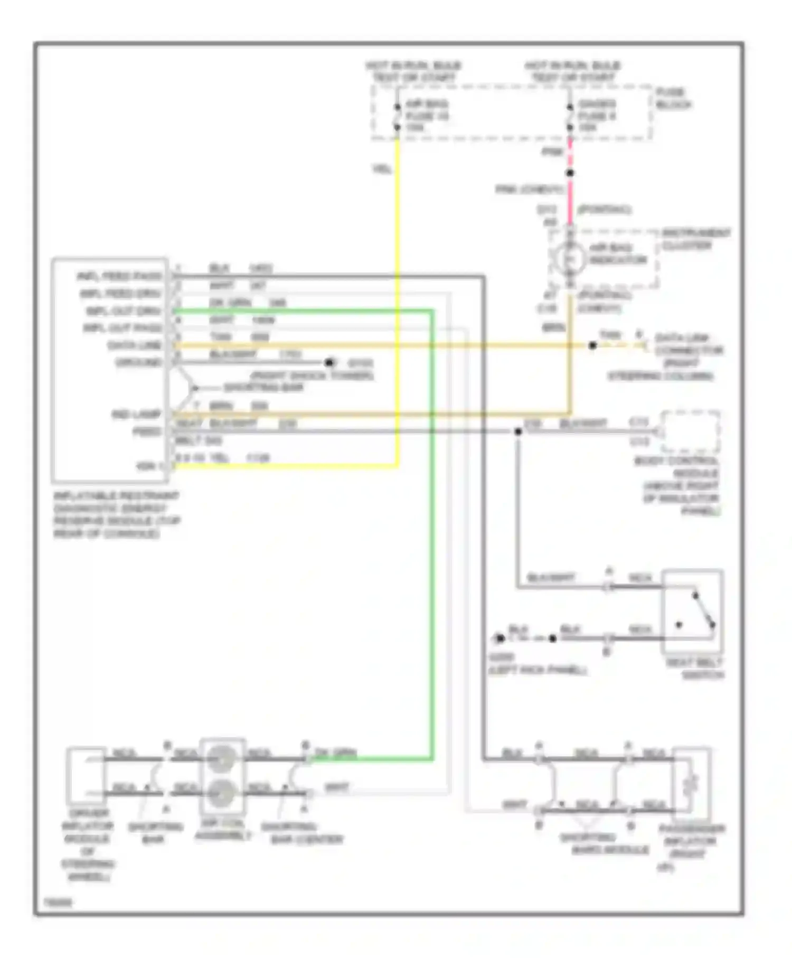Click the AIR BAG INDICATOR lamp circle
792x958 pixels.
pyautogui.click(x=569, y=258)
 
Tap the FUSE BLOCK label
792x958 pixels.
pyautogui.click(x=673, y=99)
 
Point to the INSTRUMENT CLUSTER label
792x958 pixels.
pyautogui.click(x=696, y=239)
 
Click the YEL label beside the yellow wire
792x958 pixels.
pyautogui.click(x=382, y=169)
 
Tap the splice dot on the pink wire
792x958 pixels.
pyautogui.click(x=570, y=173)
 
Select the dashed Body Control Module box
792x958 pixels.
pyautogui.click(x=690, y=431)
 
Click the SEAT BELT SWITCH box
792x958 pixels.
pyautogui.click(x=693, y=612)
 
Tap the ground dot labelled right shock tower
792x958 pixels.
pyautogui.click(x=329, y=363)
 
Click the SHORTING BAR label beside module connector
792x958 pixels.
pyautogui.click(x=263, y=388)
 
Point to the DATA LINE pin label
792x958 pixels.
pyautogui.click(x=135, y=345)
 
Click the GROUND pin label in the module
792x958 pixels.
pyautogui.click(x=138, y=363)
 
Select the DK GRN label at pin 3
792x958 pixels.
pyautogui.click(x=231, y=303)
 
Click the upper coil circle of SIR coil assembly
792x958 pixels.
pyautogui.click(x=222, y=759)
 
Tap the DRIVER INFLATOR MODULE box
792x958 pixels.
pyautogui.click(x=86, y=775)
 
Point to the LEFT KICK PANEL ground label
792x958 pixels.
pyautogui.click(x=537, y=670)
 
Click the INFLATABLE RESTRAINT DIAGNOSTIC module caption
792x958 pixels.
pyautogui.click(x=116, y=514)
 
